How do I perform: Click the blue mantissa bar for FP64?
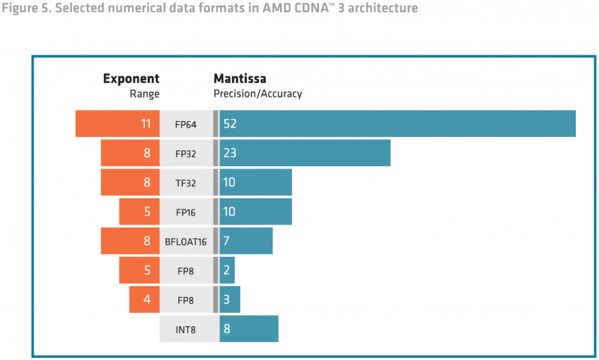[397, 123]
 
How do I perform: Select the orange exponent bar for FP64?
[118, 123]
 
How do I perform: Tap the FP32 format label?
[186, 153]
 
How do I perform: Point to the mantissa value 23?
[230, 153]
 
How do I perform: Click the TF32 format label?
[186, 183]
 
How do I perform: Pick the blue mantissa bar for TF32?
[255, 183]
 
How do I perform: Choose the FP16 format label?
[186, 212]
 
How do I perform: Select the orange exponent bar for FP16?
[139, 212]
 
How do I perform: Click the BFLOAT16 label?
[186, 241]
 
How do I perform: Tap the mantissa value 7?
[226, 241]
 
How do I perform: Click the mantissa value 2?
[226, 270]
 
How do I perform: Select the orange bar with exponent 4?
[144, 299]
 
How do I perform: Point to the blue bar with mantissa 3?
[230, 299]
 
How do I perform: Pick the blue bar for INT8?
[249, 329]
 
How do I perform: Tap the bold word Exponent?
[131, 79]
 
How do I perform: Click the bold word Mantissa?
[240, 79]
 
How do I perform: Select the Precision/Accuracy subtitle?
[258, 94]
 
